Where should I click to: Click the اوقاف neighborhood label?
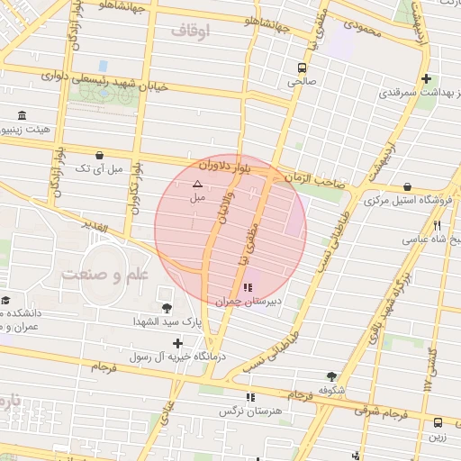coord(189,32)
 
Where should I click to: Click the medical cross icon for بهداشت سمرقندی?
coord(426,79)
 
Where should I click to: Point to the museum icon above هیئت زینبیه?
coord(23,115)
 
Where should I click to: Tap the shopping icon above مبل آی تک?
coord(97,154)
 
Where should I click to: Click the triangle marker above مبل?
coord(198,183)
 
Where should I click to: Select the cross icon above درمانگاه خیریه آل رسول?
coord(178,343)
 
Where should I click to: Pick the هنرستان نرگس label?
coord(258,410)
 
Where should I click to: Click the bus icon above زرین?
coord(438,421)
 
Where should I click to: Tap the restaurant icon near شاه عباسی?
coord(437,225)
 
